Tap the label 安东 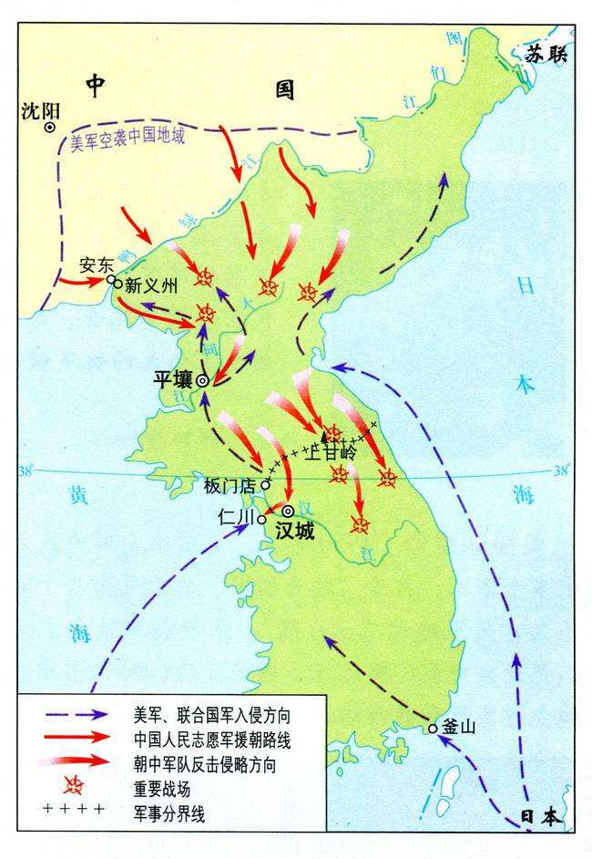pyautogui.click(x=95, y=265)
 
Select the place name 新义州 pyautogui.click(x=149, y=285)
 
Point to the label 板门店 pyautogui.click(x=233, y=483)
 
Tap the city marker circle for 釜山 pyautogui.click(x=433, y=728)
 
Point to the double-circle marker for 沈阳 pyautogui.click(x=51, y=129)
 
